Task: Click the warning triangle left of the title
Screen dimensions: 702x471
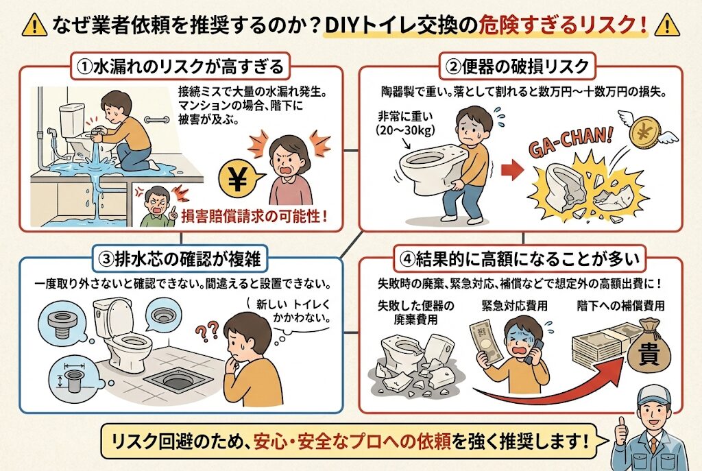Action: (x=34, y=25)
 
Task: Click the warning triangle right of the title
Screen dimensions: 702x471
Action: (x=667, y=25)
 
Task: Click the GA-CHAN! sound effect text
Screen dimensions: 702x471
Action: (x=570, y=143)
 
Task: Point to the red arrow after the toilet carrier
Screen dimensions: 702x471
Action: (x=511, y=170)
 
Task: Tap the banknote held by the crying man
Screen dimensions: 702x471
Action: (x=484, y=340)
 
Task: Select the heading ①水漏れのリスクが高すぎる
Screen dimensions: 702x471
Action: (x=180, y=67)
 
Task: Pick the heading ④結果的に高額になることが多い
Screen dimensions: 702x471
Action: (x=522, y=259)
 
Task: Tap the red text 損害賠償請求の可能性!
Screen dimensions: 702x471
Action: (x=254, y=216)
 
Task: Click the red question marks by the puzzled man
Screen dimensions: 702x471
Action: (x=207, y=330)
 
